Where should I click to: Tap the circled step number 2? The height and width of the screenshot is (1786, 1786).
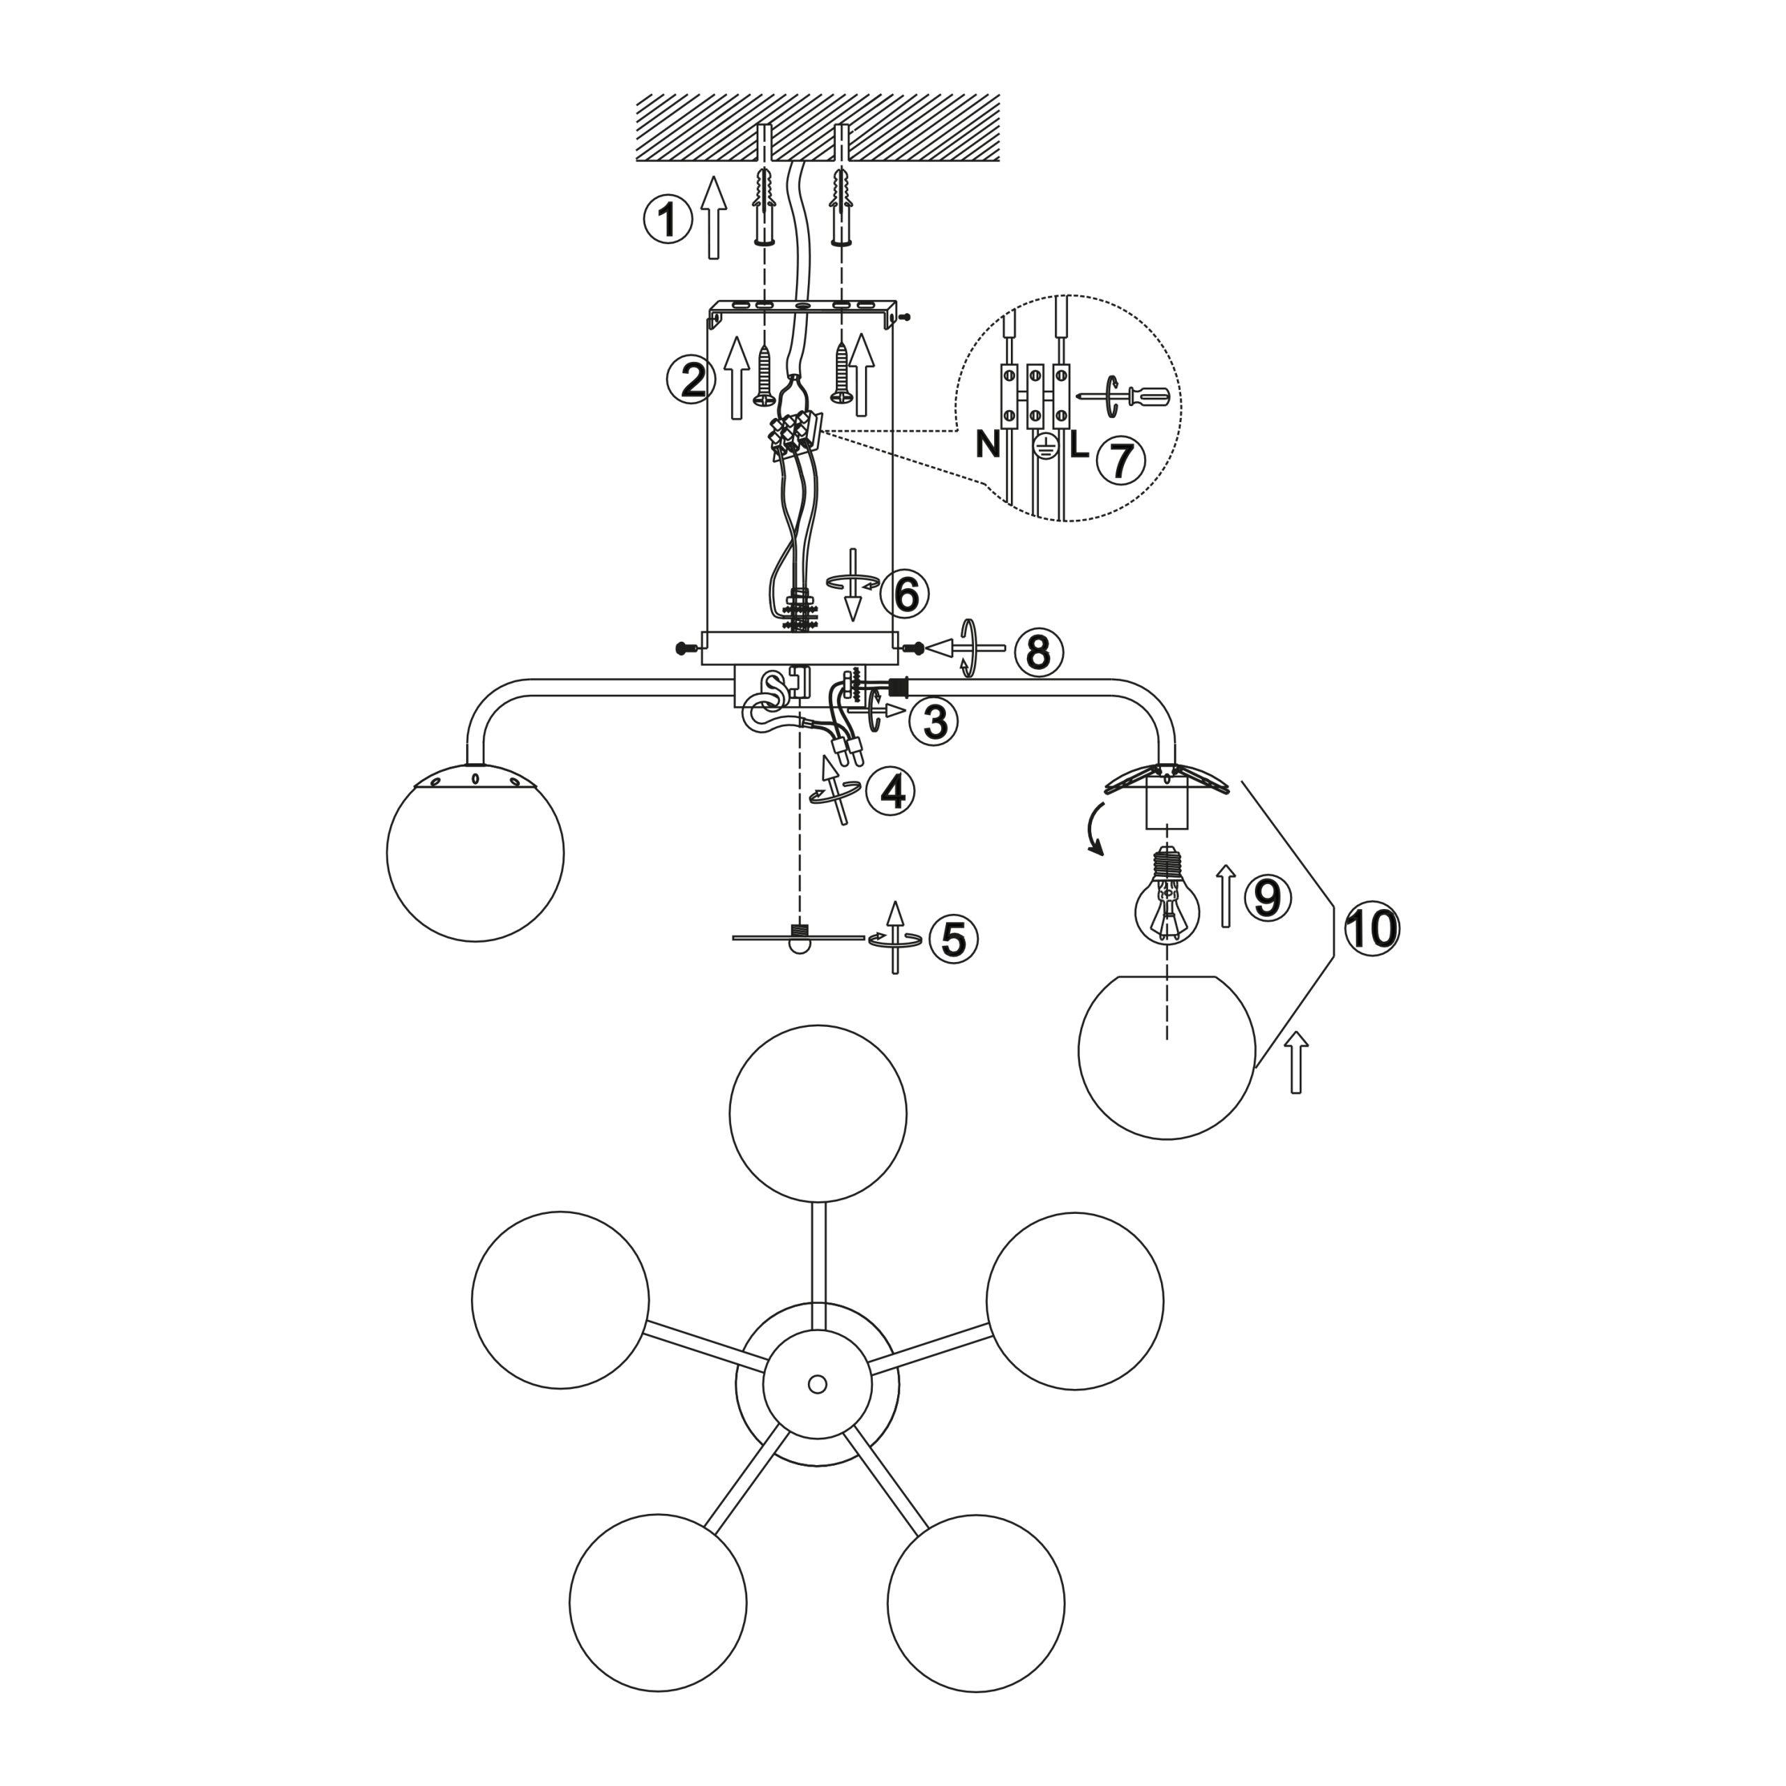pos(692,380)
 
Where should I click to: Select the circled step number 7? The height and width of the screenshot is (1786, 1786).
pos(1120,460)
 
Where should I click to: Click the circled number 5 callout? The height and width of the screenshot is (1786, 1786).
pos(953,938)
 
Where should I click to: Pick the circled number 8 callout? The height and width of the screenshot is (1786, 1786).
pos(1038,652)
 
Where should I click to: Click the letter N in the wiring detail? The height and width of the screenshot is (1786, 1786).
pos(987,446)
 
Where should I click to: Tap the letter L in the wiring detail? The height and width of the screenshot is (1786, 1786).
pos(1078,446)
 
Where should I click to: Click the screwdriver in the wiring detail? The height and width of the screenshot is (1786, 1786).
pos(1125,396)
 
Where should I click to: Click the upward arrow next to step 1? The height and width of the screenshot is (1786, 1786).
pos(713,218)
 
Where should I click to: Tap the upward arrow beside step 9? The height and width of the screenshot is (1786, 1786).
pos(1225,896)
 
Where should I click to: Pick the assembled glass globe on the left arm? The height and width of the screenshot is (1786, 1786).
pos(475,851)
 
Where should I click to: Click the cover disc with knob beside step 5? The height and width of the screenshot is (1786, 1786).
pos(799,938)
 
